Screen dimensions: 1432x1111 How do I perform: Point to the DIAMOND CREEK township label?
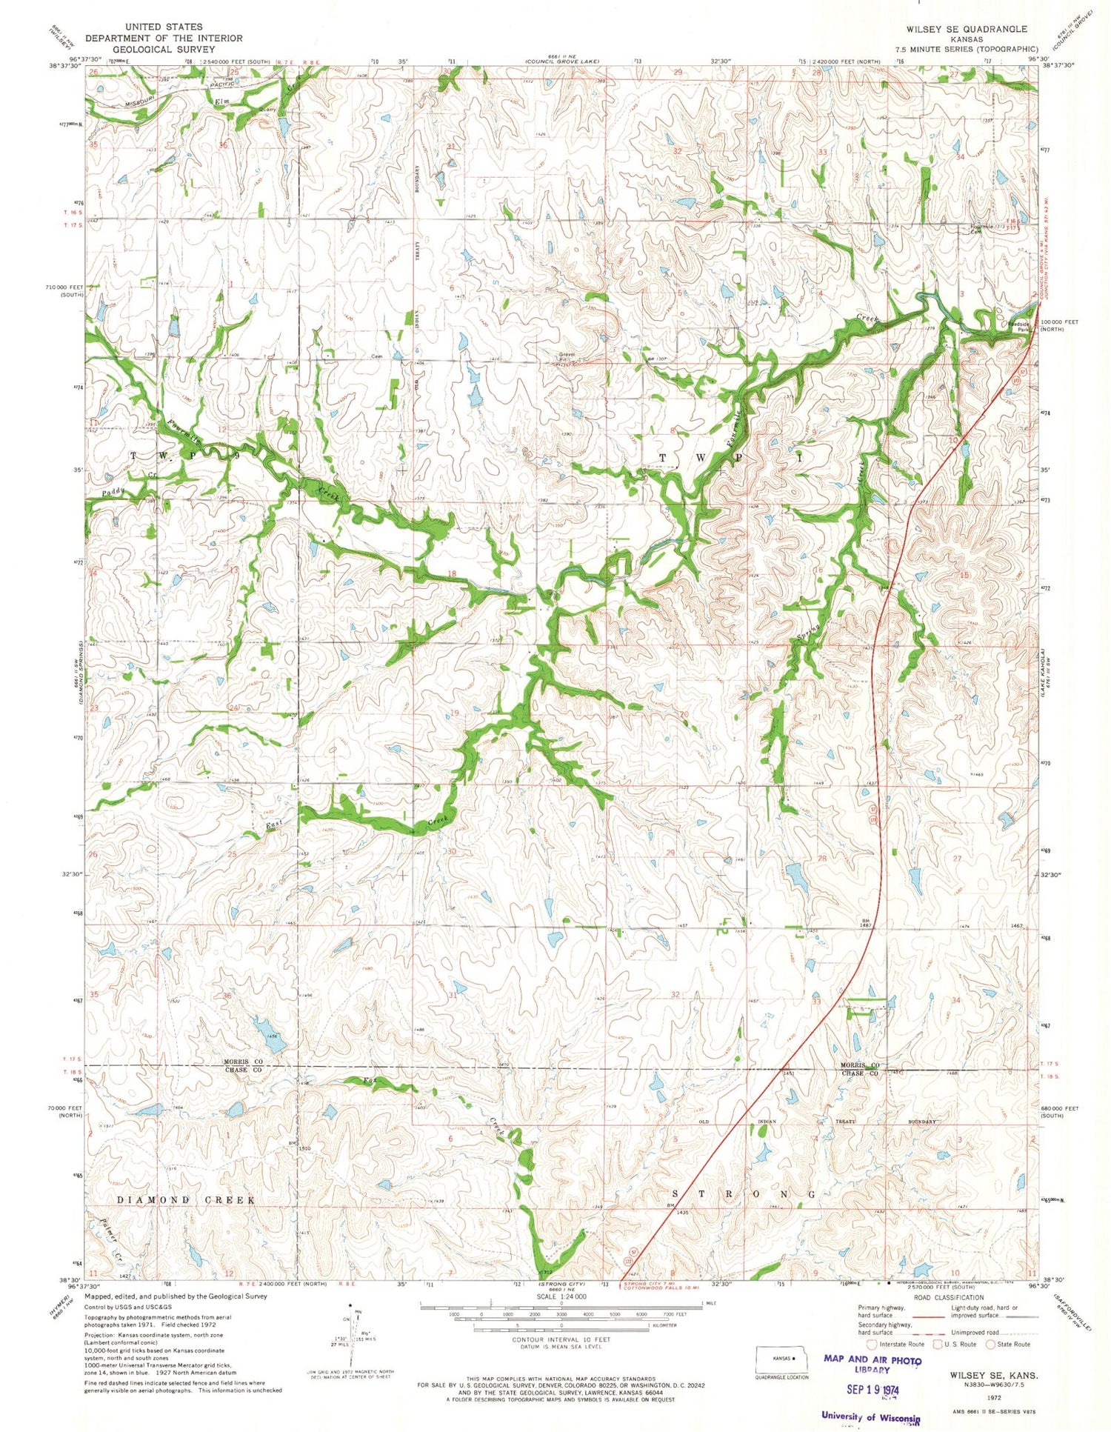point(186,1199)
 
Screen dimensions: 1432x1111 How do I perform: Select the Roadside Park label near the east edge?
point(1019,326)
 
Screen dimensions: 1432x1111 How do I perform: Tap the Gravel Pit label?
point(567,356)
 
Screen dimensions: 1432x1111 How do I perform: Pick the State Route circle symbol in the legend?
point(990,1344)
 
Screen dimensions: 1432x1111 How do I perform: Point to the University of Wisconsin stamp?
point(870,1415)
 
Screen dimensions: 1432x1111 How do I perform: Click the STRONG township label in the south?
point(744,1194)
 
